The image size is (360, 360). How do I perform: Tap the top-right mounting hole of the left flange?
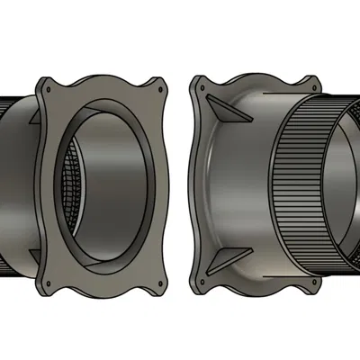(x=160, y=88)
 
